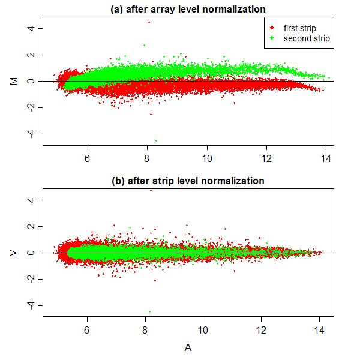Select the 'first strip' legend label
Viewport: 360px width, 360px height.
(x=300, y=28)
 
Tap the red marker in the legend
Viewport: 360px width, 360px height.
(x=272, y=28)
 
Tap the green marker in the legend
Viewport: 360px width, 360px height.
(x=272, y=38)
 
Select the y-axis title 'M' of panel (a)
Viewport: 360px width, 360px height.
(x=13, y=80)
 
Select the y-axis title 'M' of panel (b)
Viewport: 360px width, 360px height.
(x=13, y=253)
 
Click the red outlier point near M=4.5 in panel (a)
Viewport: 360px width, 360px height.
(x=149, y=22)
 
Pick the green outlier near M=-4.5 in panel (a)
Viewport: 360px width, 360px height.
(x=156, y=140)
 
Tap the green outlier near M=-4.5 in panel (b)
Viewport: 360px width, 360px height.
(x=149, y=311)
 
